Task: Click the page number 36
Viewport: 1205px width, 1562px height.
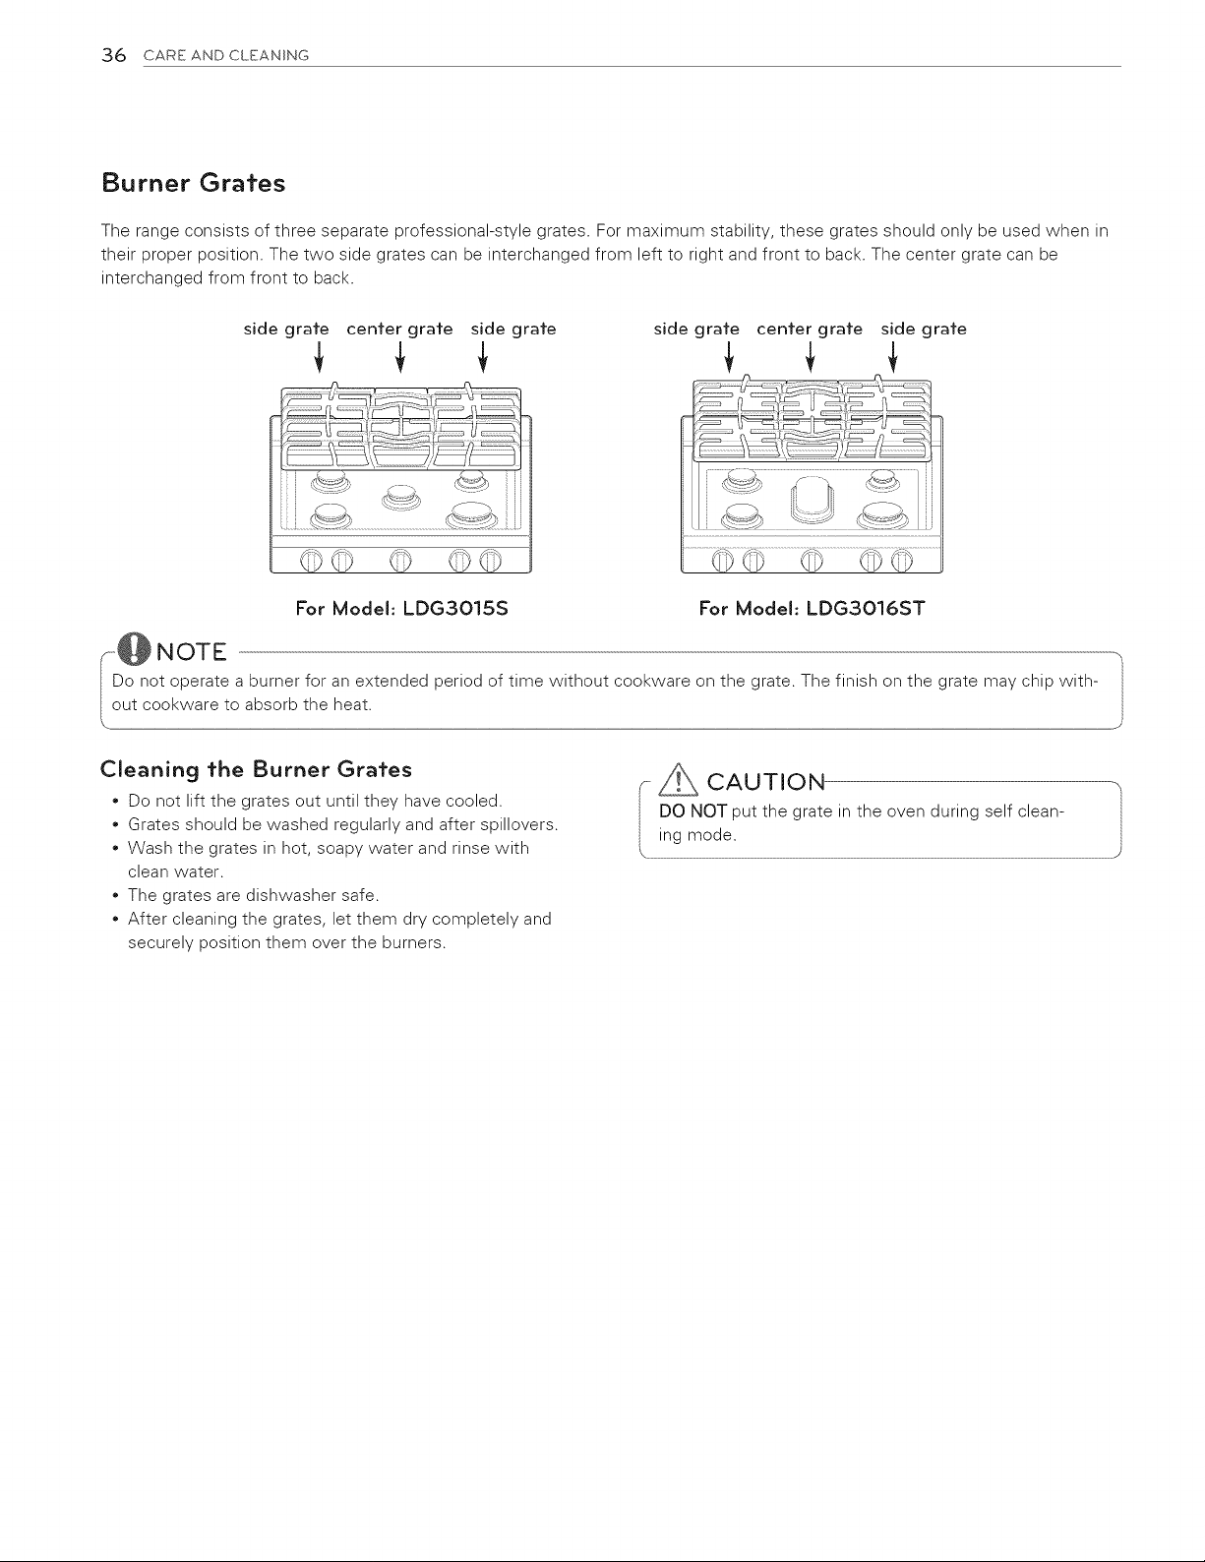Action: [x=113, y=55]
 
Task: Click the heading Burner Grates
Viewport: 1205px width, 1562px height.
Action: [x=193, y=183]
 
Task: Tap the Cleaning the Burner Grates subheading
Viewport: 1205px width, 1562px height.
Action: [x=256, y=770]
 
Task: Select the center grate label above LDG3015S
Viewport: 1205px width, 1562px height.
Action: [x=399, y=330]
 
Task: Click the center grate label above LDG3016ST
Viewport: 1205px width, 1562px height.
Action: [x=810, y=330]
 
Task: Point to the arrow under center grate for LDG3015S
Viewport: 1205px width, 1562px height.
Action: [x=400, y=356]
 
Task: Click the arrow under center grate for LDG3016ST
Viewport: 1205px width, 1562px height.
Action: [x=811, y=356]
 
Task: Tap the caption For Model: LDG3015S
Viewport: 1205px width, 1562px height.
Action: [x=401, y=609]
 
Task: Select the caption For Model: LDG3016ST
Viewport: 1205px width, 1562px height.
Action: [x=812, y=609]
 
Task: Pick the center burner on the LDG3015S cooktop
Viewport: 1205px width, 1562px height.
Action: [x=401, y=496]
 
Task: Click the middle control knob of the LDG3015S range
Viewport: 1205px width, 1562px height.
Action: [x=401, y=560]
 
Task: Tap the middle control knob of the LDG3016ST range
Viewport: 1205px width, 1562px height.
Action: [x=812, y=560]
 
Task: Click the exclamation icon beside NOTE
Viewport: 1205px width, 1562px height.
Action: [x=136, y=650]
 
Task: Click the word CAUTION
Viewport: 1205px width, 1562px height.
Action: [x=766, y=782]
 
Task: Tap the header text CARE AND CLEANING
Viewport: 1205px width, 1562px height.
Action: [x=226, y=55]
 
